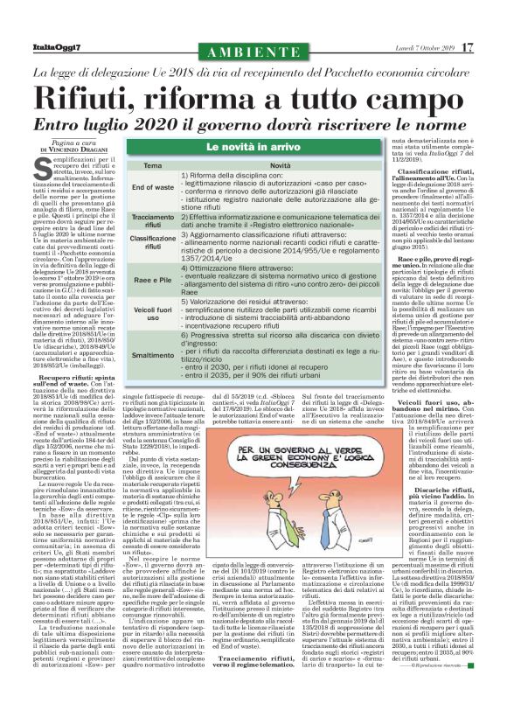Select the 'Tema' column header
tap(152, 165)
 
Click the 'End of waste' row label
tap(153, 188)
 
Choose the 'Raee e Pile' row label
tap(153, 279)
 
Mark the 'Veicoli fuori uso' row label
tap(153, 312)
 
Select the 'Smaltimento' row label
tap(153, 356)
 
